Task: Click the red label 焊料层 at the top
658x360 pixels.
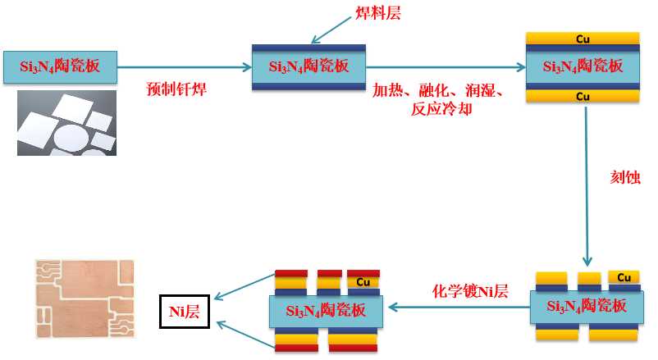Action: tap(378, 13)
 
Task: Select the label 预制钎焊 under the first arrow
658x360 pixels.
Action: tap(176, 89)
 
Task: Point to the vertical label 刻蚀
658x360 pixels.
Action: tap(625, 178)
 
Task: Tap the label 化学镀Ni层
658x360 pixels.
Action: tap(470, 291)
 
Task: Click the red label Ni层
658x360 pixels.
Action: tap(185, 311)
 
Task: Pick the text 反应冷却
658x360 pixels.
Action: tap(441, 108)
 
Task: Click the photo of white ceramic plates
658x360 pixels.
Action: tap(66, 123)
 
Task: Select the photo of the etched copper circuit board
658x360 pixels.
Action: tap(86, 301)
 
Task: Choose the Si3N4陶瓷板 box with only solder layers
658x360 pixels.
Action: tap(308, 66)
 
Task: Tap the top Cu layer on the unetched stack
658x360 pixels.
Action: tap(583, 39)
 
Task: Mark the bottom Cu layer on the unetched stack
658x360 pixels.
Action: tap(583, 96)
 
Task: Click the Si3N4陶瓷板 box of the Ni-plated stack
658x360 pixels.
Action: tap(326, 312)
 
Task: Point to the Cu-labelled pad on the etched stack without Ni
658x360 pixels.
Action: tap(624, 276)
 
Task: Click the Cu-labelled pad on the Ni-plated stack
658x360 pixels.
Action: tap(363, 282)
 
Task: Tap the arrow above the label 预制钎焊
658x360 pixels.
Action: tap(185, 67)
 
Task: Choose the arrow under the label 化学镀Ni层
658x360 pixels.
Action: tap(459, 308)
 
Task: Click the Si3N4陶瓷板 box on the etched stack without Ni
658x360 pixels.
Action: tap(587, 307)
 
